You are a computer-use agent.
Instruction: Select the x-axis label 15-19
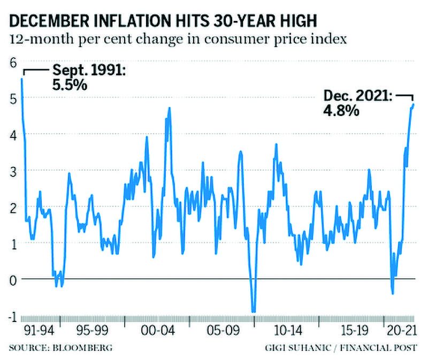(349, 328)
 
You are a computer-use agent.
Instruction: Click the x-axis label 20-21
(400, 328)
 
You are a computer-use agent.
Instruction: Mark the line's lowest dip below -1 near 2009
(254, 311)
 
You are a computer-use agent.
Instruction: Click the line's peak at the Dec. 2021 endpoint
(414, 105)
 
